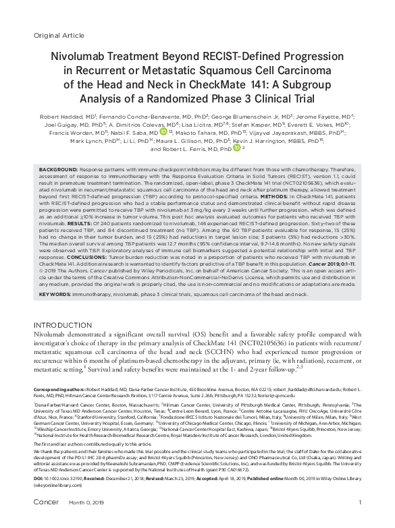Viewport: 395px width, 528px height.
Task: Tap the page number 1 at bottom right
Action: click(x=361, y=521)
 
